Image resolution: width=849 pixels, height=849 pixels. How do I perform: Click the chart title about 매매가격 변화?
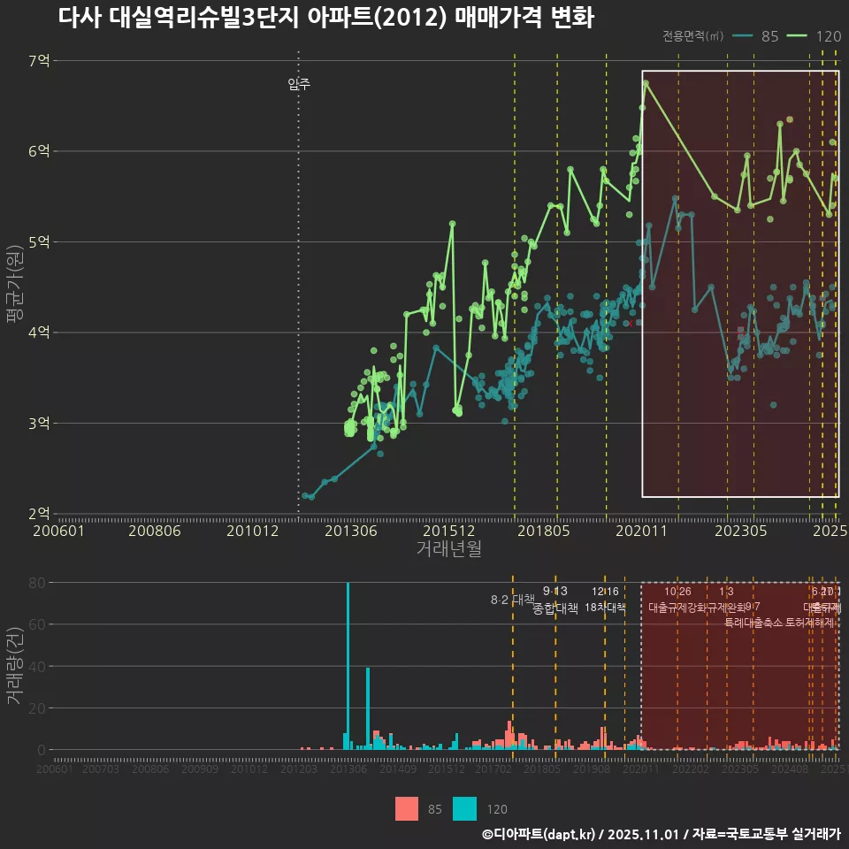coord(325,18)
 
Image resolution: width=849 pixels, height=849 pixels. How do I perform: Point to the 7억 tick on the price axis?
coord(39,61)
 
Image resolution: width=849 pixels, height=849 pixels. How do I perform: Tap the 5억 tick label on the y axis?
coord(39,242)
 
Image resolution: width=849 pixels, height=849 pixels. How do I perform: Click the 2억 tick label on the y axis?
coord(39,514)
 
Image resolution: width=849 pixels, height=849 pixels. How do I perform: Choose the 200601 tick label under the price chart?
coord(58,532)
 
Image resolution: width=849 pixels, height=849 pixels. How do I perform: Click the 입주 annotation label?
coord(299,85)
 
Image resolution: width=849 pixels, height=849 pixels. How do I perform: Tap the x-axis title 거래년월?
coord(448,549)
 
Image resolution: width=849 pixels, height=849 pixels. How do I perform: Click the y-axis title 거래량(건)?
coord(15,666)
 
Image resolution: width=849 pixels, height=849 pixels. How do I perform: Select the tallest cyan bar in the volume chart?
coord(348,665)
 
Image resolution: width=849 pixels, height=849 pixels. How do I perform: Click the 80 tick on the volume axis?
coord(37,583)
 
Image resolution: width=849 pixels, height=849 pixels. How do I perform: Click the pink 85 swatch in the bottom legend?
coord(407,808)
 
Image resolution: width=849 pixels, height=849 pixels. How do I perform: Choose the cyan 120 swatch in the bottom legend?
coord(464,808)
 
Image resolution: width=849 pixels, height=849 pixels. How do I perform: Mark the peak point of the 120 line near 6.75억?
coord(646,83)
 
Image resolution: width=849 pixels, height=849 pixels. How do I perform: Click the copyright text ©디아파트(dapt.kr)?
coord(539,834)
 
